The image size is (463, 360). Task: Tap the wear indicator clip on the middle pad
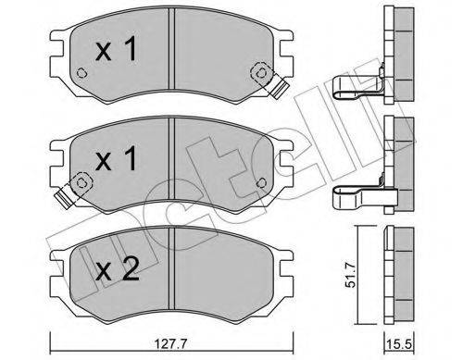tap(66, 195)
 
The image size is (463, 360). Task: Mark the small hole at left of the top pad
tap(81, 78)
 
